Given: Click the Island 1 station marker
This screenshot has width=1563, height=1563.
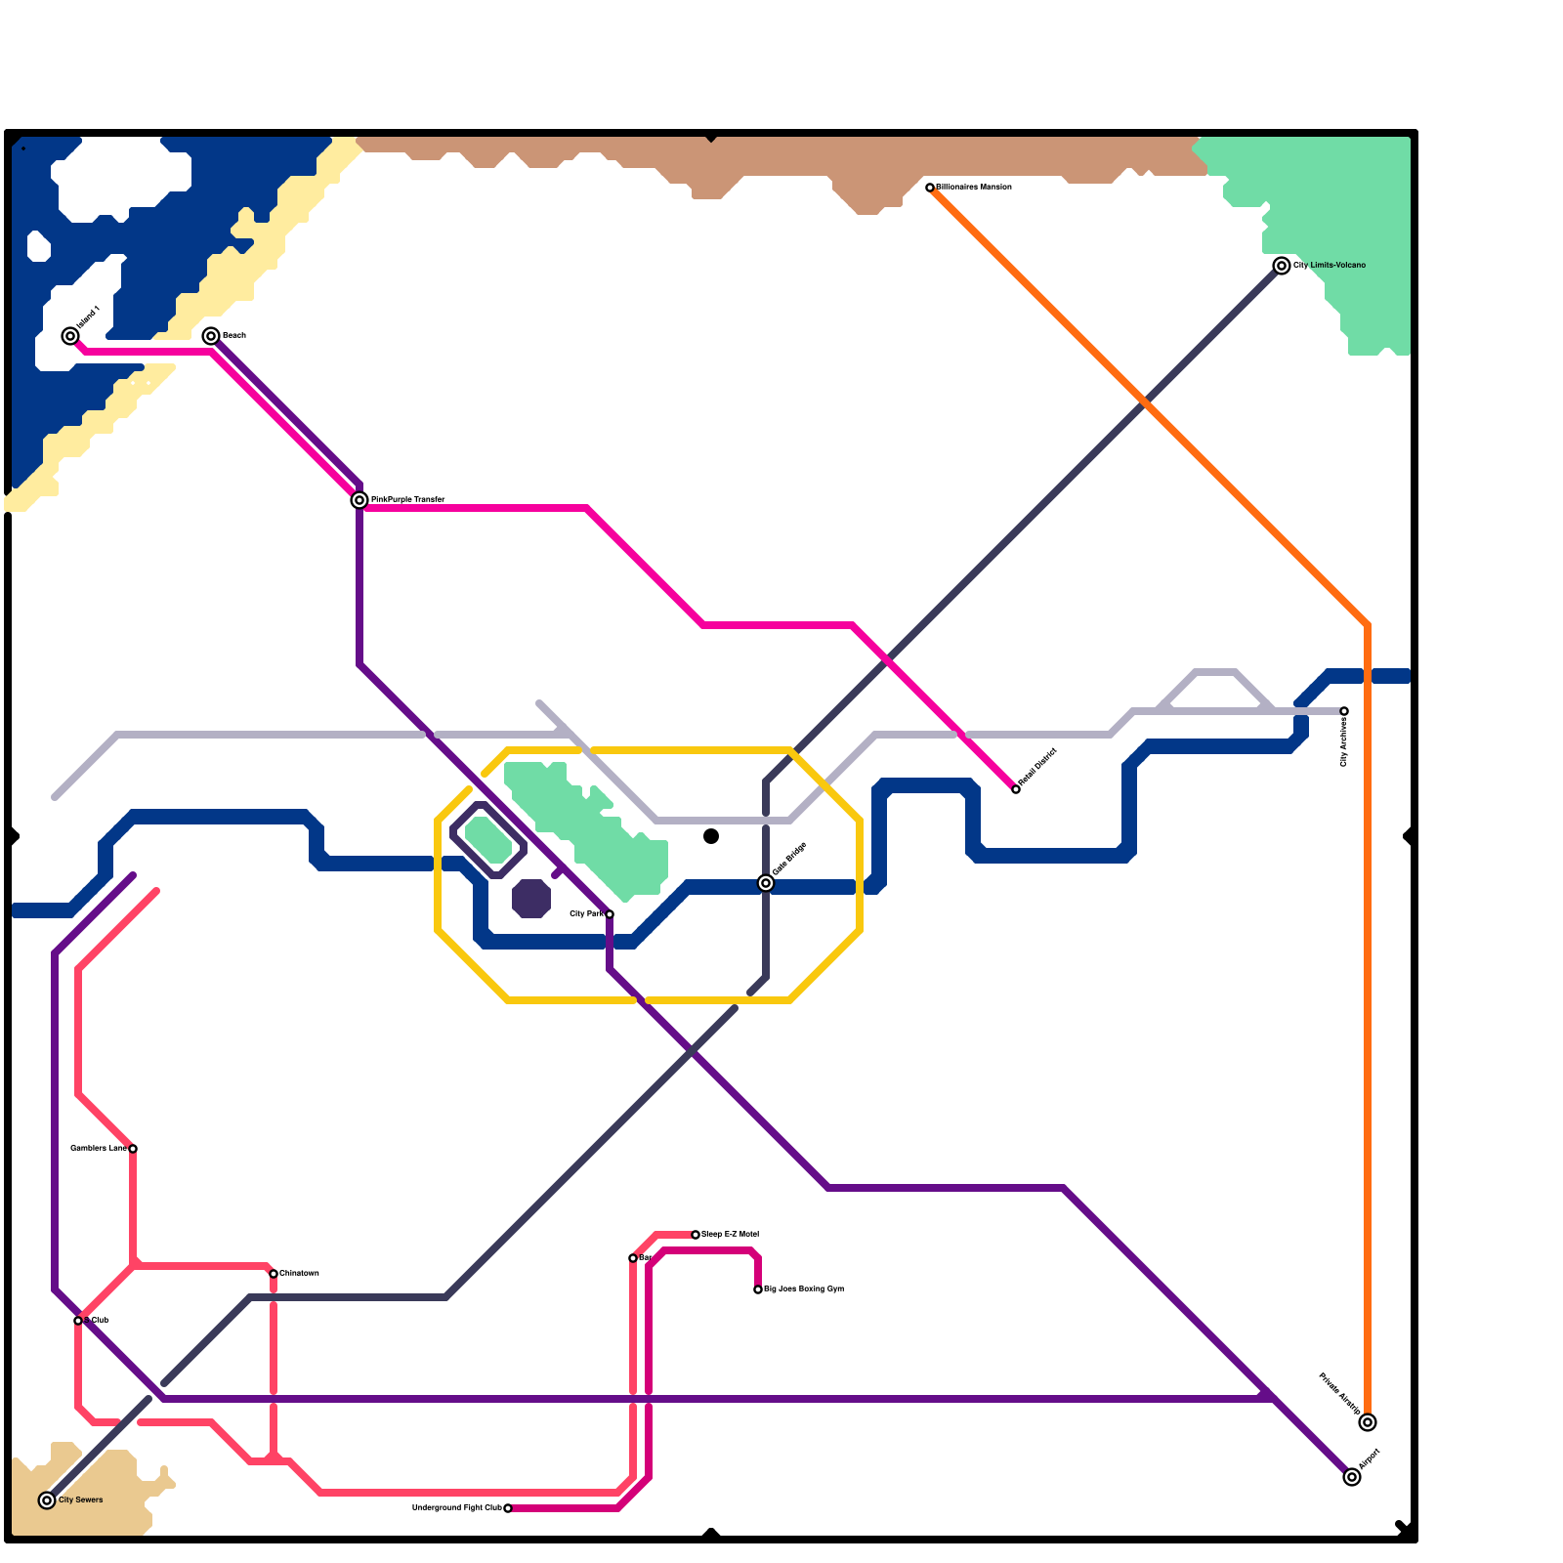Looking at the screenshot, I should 70,336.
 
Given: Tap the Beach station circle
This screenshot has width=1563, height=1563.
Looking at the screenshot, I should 211,336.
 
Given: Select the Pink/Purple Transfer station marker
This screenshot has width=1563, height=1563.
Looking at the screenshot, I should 359,500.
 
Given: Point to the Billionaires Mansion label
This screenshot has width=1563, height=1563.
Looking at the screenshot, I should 974,187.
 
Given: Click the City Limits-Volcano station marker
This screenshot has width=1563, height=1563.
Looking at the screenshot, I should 1282,266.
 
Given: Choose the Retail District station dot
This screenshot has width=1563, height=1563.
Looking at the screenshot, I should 1016,789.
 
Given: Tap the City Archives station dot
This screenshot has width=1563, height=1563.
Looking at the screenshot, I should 1344,711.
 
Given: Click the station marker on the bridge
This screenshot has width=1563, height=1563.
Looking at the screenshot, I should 766,883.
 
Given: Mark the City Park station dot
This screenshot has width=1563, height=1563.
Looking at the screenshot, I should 610,914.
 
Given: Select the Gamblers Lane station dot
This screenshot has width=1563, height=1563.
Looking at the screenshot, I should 133,1149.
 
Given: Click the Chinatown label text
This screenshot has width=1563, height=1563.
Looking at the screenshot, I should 299,1273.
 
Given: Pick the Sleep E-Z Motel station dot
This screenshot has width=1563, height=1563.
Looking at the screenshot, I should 696,1235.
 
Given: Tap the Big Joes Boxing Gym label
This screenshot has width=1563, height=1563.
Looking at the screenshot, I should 804,1288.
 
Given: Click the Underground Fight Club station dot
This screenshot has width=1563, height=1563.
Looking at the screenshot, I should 508,1508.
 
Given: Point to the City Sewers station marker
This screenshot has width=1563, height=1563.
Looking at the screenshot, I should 47,1500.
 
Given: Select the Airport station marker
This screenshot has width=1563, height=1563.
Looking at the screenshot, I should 1352,1477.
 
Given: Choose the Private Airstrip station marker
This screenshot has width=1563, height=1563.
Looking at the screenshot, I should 1368,1422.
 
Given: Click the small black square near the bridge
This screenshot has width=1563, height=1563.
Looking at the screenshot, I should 711,836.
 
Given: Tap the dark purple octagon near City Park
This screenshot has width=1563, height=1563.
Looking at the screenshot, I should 531,899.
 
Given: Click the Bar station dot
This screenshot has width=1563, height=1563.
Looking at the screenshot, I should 633,1258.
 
